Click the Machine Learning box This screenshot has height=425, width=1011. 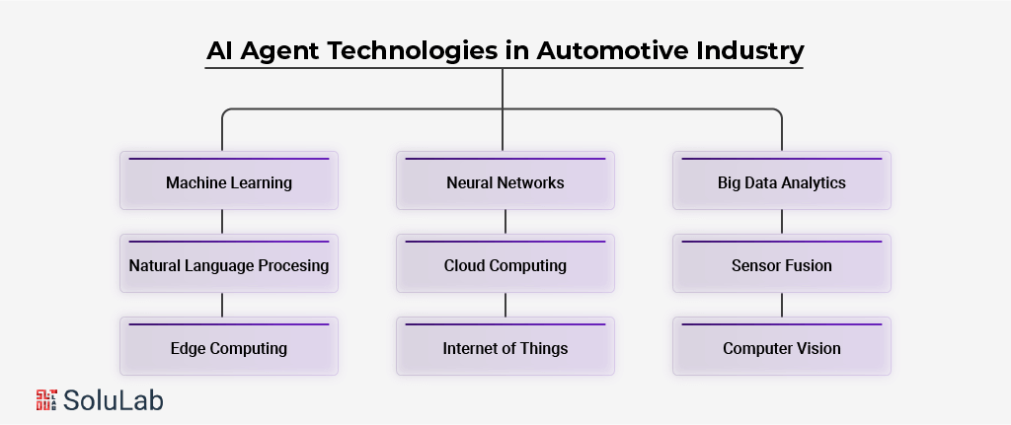229,182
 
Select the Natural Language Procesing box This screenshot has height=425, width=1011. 229,265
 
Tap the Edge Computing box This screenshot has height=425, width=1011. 229,348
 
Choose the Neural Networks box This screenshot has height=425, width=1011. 505,182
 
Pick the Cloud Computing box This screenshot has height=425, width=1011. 505,265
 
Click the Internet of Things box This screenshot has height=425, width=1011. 505,348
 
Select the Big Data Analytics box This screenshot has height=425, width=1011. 782,182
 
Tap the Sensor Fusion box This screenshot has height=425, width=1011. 782,265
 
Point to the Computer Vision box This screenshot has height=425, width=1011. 782,348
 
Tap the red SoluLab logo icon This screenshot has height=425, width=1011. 45,398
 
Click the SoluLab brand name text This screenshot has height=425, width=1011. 114,399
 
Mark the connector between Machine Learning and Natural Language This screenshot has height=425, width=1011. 222,222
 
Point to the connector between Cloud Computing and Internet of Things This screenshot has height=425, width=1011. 505,305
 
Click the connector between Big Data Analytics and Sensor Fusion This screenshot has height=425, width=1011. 782,222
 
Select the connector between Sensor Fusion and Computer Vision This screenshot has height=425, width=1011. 782,305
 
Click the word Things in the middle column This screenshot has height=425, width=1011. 543,348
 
